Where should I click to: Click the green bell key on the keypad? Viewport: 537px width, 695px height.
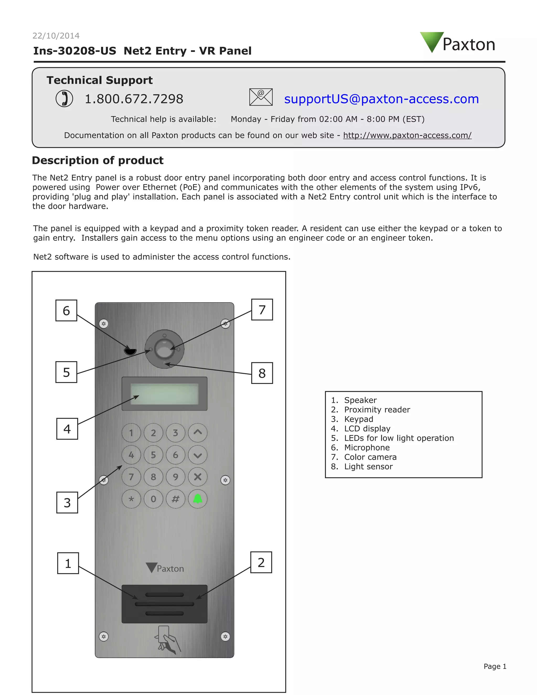click(197, 499)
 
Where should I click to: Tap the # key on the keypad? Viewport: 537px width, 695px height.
click(175, 499)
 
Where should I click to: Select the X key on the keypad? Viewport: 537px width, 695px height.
click(197, 477)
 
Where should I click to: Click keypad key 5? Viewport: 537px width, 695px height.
click(153, 455)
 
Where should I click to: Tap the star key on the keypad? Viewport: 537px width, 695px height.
click(131, 499)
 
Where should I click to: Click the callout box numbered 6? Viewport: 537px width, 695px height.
click(66, 310)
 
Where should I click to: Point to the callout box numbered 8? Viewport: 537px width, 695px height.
click(262, 373)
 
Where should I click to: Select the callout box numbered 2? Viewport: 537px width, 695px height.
click(261, 562)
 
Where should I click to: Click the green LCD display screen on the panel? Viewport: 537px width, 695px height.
click(164, 394)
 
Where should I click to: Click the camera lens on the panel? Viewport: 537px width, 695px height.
click(164, 349)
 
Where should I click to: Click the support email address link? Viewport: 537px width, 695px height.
click(381, 99)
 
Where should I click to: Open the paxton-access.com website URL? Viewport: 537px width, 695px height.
click(407, 135)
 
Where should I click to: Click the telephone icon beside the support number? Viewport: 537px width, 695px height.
click(64, 99)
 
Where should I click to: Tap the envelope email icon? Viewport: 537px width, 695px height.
click(261, 97)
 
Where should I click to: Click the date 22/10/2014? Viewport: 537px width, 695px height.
click(56, 36)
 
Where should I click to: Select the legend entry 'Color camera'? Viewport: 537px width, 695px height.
click(370, 457)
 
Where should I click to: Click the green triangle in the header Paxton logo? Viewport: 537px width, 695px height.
click(432, 40)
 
